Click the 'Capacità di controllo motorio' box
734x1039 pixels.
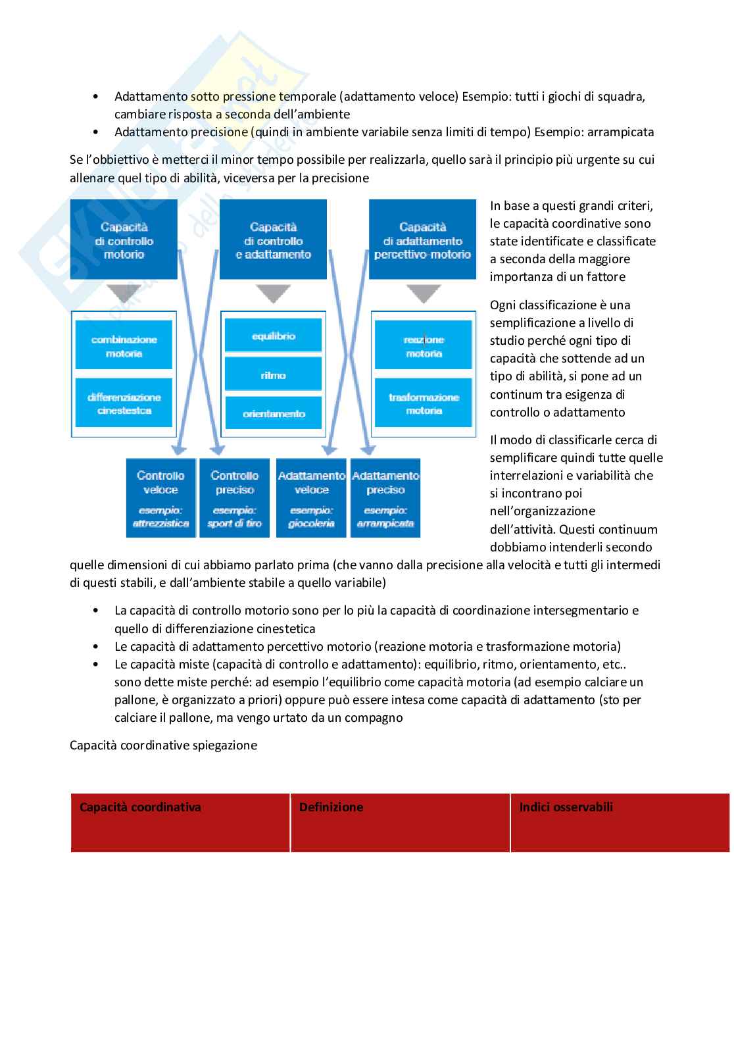[124, 240]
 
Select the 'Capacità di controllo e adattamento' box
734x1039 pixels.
[273, 240]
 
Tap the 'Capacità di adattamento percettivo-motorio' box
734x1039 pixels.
[422, 240]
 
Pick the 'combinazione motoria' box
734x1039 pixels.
[124, 346]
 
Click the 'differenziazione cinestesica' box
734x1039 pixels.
[124, 403]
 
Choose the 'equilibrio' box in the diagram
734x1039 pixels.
[273, 336]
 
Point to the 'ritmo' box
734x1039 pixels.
[273, 375]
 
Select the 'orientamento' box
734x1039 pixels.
[273, 413]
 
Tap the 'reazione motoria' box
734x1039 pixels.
[423, 346]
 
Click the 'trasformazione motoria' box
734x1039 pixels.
[423, 403]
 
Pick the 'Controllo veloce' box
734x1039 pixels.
[160, 497]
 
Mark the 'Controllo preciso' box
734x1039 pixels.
[234, 497]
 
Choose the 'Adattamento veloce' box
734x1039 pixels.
[311, 497]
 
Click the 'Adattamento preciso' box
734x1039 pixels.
[385, 497]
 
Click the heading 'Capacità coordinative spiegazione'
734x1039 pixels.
[163, 746]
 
